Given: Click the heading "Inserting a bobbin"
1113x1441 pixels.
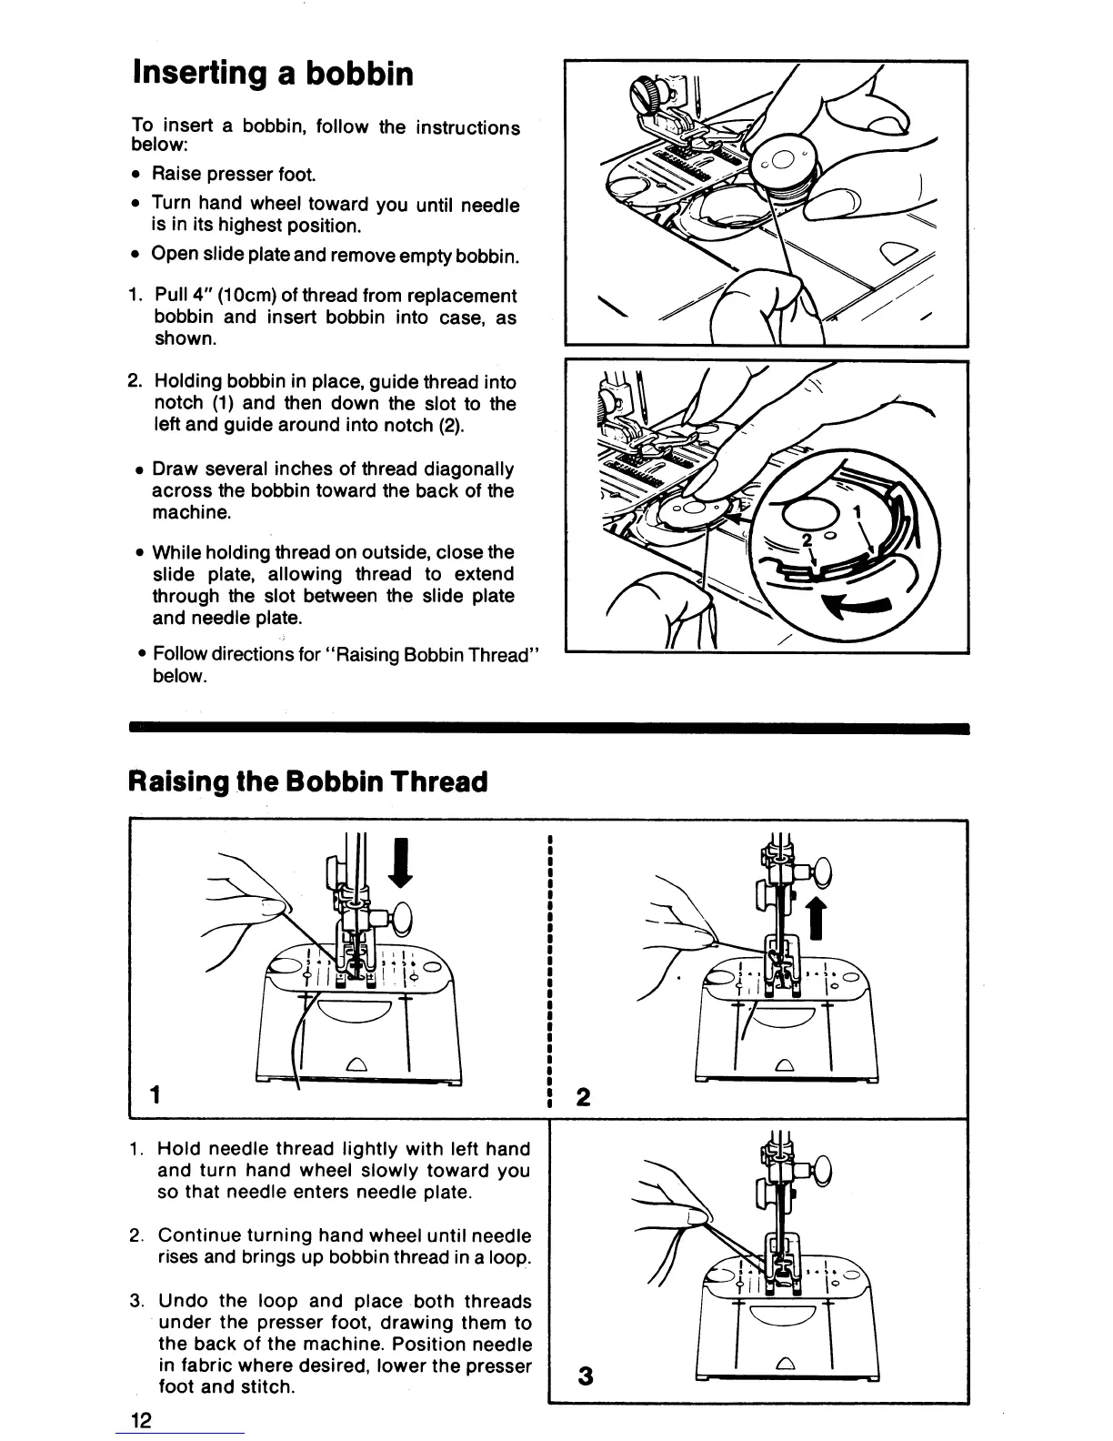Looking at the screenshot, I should point(273,73).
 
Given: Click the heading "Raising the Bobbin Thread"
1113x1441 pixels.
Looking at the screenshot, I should point(309,781).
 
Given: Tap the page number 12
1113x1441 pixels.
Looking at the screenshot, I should point(141,1421).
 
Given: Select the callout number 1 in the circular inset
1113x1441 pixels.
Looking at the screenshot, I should point(857,512).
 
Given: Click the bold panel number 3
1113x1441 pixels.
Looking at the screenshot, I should point(585,1376).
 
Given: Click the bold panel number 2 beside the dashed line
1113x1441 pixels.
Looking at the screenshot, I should point(584,1097).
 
